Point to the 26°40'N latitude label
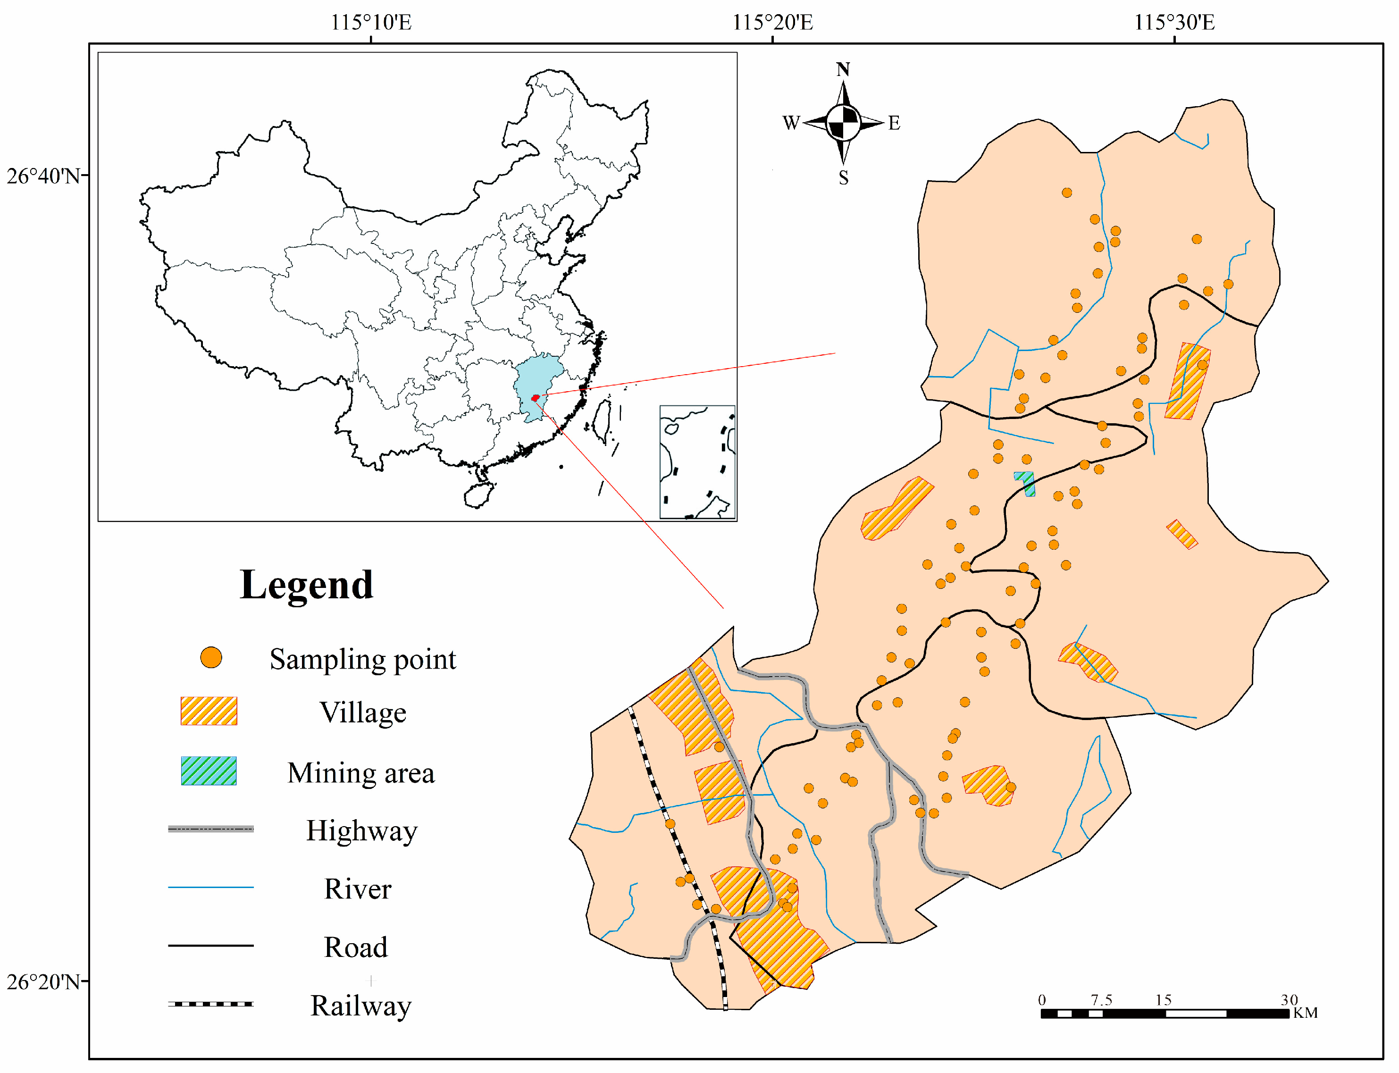(43, 176)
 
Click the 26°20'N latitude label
(43, 981)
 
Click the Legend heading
(307, 585)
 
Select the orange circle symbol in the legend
(211, 657)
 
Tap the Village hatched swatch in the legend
(209, 711)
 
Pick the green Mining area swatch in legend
(209, 771)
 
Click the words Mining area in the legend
(361, 773)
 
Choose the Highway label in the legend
(361, 831)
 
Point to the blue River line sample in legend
(211, 887)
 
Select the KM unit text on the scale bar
(1305, 1013)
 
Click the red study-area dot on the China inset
(535, 398)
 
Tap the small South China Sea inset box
(697, 462)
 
